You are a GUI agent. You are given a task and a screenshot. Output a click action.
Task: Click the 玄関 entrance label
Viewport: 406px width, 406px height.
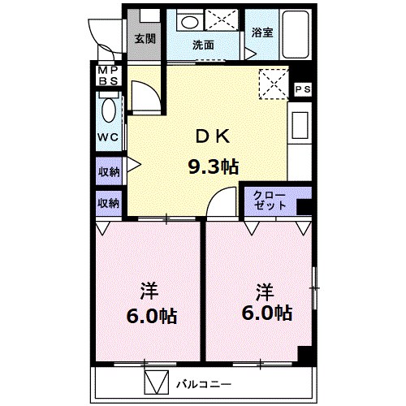(x=145, y=38)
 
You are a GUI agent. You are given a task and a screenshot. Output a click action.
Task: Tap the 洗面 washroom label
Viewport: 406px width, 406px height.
(x=203, y=45)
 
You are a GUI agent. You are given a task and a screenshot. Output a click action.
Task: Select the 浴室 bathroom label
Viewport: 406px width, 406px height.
(x=261, y=32)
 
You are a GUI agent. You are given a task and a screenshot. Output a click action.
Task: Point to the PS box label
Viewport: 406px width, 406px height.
(x=302, y=89)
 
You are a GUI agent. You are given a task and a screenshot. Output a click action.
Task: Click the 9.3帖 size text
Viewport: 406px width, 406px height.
(x=213, y=167)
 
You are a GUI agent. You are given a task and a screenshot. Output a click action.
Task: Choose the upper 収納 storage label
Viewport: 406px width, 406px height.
(x=109, y=171)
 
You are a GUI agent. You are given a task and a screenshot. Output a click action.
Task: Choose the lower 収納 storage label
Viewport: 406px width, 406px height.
(x=109, y=203)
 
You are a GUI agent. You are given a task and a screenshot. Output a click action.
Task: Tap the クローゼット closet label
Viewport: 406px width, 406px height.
(x=270, y=201)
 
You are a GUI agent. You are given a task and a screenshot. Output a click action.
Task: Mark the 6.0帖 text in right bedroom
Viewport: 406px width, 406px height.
(x=265, y=313)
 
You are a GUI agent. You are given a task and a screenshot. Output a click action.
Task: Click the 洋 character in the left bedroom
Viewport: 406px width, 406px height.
(x=148, y=290)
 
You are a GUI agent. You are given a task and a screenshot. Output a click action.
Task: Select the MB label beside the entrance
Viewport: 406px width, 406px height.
(x=108, y=75)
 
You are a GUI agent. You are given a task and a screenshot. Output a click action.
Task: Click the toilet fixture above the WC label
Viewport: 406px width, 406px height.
(x=106, y=107)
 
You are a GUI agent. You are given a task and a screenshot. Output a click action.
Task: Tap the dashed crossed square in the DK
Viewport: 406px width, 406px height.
(x=273, y=82)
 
